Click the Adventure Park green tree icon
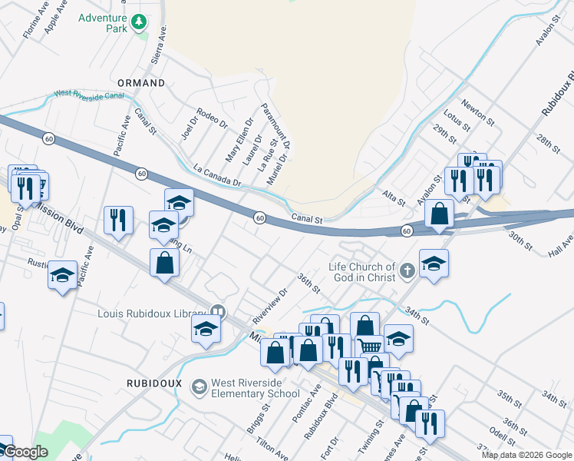[139, 22]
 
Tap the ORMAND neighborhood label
[140, 82]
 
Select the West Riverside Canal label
[88, 95]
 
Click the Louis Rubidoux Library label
[153, 313]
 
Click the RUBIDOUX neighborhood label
[153, 381]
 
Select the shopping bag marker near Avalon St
[439, 214]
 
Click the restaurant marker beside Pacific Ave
[118, 221]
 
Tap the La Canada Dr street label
[217, 177]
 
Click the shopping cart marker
[369, 347]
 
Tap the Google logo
[25, 453]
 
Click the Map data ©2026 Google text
[526, 455]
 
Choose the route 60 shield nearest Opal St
[49, 139]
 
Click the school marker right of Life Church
[434, 262]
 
